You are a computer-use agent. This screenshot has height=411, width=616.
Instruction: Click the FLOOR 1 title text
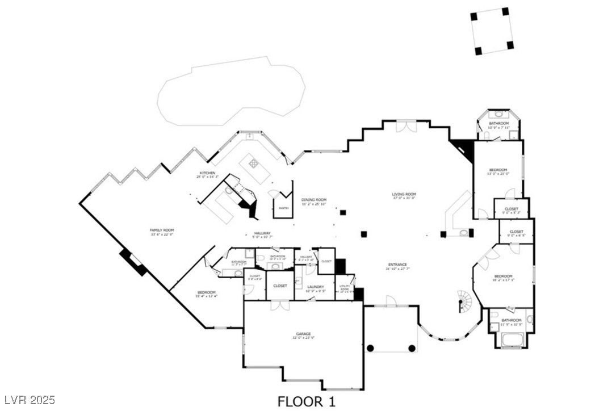coord(306,402)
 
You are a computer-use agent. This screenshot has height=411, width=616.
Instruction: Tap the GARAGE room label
coord(303,334)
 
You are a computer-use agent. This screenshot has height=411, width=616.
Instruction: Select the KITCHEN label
coord(206,173)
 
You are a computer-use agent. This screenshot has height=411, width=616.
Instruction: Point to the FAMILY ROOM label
coord(162,230)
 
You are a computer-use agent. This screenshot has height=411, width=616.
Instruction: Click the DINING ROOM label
coord(314,199)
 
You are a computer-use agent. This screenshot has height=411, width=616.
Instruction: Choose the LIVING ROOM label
coord(404,195)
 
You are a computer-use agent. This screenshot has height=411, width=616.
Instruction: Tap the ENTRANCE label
coord(397,265)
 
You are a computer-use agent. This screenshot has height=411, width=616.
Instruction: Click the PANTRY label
coord(283,208)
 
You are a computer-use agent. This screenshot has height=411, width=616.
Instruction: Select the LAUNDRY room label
coord(315,287)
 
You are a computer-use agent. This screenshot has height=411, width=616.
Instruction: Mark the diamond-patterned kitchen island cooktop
coord(254,163)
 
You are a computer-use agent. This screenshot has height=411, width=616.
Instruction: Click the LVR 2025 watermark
coord(28,401)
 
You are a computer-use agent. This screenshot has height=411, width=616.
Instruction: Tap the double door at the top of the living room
coord(406,126)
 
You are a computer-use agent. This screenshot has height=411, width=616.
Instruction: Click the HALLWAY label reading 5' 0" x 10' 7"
coord(262,234)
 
